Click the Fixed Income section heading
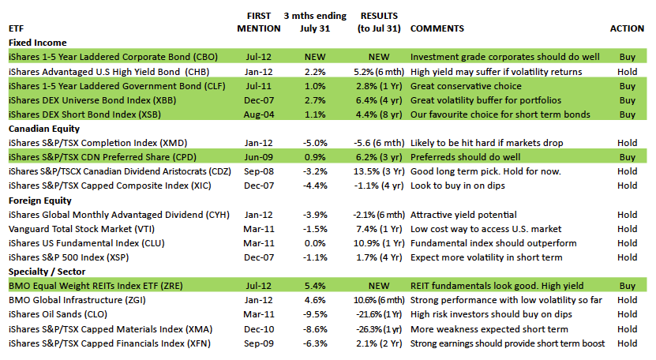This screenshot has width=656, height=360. click(37, 43)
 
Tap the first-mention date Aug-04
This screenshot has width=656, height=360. click(259, 114)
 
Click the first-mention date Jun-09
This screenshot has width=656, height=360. click(259, 156)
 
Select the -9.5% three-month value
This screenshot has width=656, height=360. click(316, 314)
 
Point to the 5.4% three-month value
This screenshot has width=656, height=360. click(316, 286)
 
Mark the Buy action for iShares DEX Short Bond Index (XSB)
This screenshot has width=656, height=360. click(627, 114)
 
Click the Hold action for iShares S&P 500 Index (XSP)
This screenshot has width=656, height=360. click(627, 257)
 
